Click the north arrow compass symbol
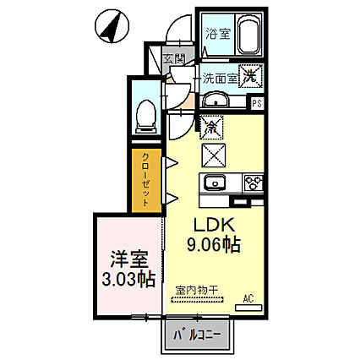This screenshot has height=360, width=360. [x=112, y=26]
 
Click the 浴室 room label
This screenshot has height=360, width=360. [x=218, y=34]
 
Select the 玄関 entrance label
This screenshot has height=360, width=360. [x=174, y=59]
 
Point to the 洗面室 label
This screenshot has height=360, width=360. [x=221, y=79]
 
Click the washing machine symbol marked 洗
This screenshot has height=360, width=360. [x=250, y=76]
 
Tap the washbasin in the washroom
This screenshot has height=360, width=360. [x=216, y=99]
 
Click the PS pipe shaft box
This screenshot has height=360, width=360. [x=256, y=103]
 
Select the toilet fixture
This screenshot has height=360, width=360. [x=145, y=117]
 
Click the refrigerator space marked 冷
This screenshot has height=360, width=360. [x=211, y=128]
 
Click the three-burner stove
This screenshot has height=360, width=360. [x=254, y=183]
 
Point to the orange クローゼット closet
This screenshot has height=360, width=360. [x=146, y=181]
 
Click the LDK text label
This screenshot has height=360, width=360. [x=214, y=225]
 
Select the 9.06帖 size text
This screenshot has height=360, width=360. [x=214, y=244]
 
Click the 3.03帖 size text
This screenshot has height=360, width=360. [x=128, y=279]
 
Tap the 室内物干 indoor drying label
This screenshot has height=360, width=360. [x=197, y=290]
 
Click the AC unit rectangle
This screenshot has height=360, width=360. [x=248, y=308]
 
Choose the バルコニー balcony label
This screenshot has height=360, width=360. [x=197, y=335]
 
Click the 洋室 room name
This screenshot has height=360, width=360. [x=129, y=259]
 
